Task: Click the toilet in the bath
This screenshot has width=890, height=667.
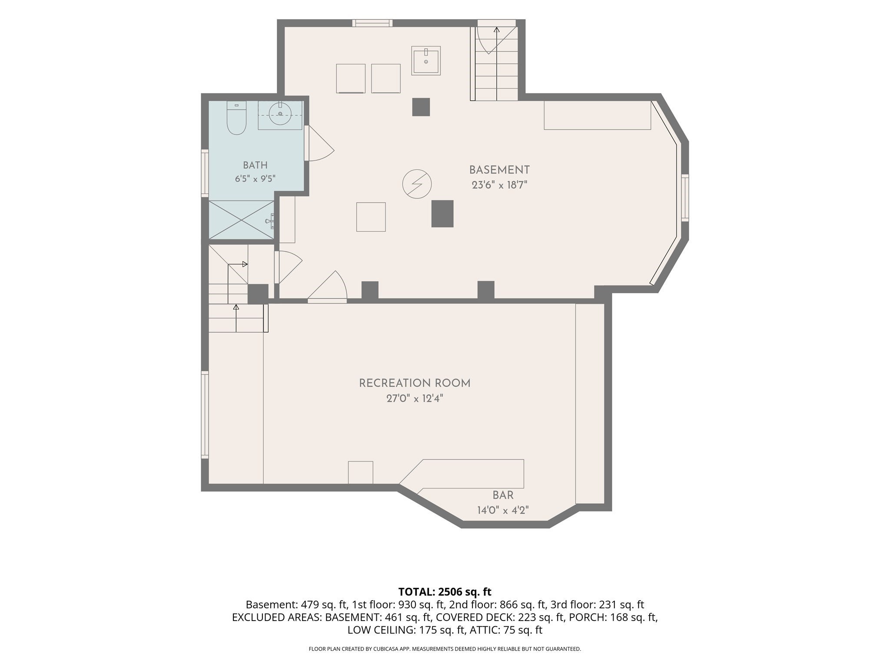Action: pyautogui.click(x=237, y=118)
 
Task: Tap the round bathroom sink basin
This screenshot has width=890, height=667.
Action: pyautogui.click(x=280, y=114)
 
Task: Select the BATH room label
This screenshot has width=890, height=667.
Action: pyautogui.click(x=255, y=165)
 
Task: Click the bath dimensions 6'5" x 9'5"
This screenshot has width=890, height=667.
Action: pyautogui.click(x=255, y=178)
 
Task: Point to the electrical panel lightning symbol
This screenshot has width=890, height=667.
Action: pyautogui.click(x=417, y=184)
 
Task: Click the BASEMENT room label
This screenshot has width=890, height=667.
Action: pyautogui.click(x=499, y=170)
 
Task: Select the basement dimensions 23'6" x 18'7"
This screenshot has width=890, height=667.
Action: pyautogui.click(x=499, y=185)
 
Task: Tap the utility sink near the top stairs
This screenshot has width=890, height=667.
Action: pyautogui.click(x=426, y=60)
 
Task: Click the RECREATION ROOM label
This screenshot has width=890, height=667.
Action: pyautogui.click(x=415, y=383)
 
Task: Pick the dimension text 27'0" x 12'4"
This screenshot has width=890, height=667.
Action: pyautogui.click(x=415, y=398)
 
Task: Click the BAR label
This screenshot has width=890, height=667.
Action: pyautogui.click(x=503, y=495)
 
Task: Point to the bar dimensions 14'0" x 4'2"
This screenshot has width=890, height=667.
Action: pyautogui.click(x=503, y=510)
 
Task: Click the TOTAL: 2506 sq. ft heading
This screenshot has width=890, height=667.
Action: pyautogui.click(x=445, y=591)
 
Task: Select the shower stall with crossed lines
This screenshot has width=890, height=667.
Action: pyautogui.click(x=242, y=219)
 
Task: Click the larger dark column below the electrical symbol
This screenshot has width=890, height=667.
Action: pyautogui.click(x=442, y=214)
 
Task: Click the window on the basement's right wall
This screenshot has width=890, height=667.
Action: pyautogui.click(x=685, y=198)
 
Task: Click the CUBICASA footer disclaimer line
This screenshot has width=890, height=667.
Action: pyautogui.click(x=445, y=649)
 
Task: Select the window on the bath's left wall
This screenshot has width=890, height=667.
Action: pyautogui.click(x=205, y=173)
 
